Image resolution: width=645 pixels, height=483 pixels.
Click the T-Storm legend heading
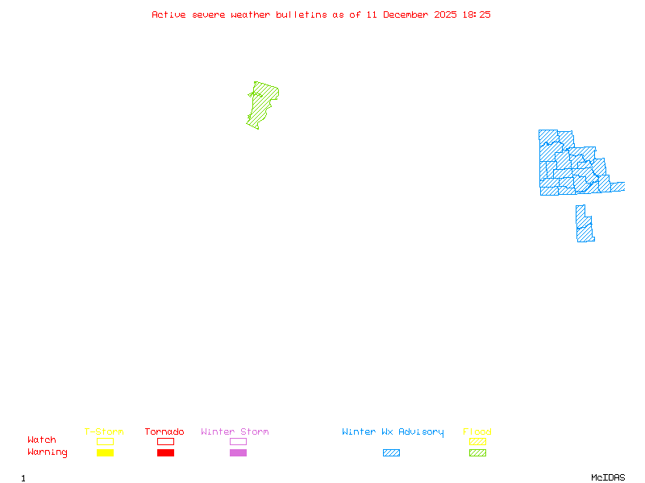click(x=104, y=431)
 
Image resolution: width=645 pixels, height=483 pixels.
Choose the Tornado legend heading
click(x=164, y=431)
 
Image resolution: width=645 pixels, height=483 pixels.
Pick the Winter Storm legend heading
click(x=235, y=431)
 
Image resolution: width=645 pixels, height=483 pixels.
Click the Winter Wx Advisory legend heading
click(x=393, y=431)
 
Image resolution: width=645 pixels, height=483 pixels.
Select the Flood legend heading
click(x=477, y=431)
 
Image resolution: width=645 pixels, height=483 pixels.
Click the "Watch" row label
click(x=42, y=440)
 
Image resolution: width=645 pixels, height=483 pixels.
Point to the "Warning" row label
click(x=48, y=452)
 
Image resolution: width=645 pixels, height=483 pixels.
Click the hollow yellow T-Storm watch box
click(x=105, y=441)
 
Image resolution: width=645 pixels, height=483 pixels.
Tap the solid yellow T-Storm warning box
click(x=105, y=452)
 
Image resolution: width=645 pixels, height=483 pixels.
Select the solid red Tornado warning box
click(x=165, y=452)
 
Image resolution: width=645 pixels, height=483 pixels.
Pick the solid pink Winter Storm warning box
click(x=238, y=452)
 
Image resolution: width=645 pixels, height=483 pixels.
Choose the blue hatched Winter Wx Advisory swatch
click(x=391, y=452)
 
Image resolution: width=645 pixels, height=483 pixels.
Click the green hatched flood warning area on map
click(x=261, y=103)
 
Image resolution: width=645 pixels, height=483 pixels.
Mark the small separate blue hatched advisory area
click(x=584, y=225)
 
